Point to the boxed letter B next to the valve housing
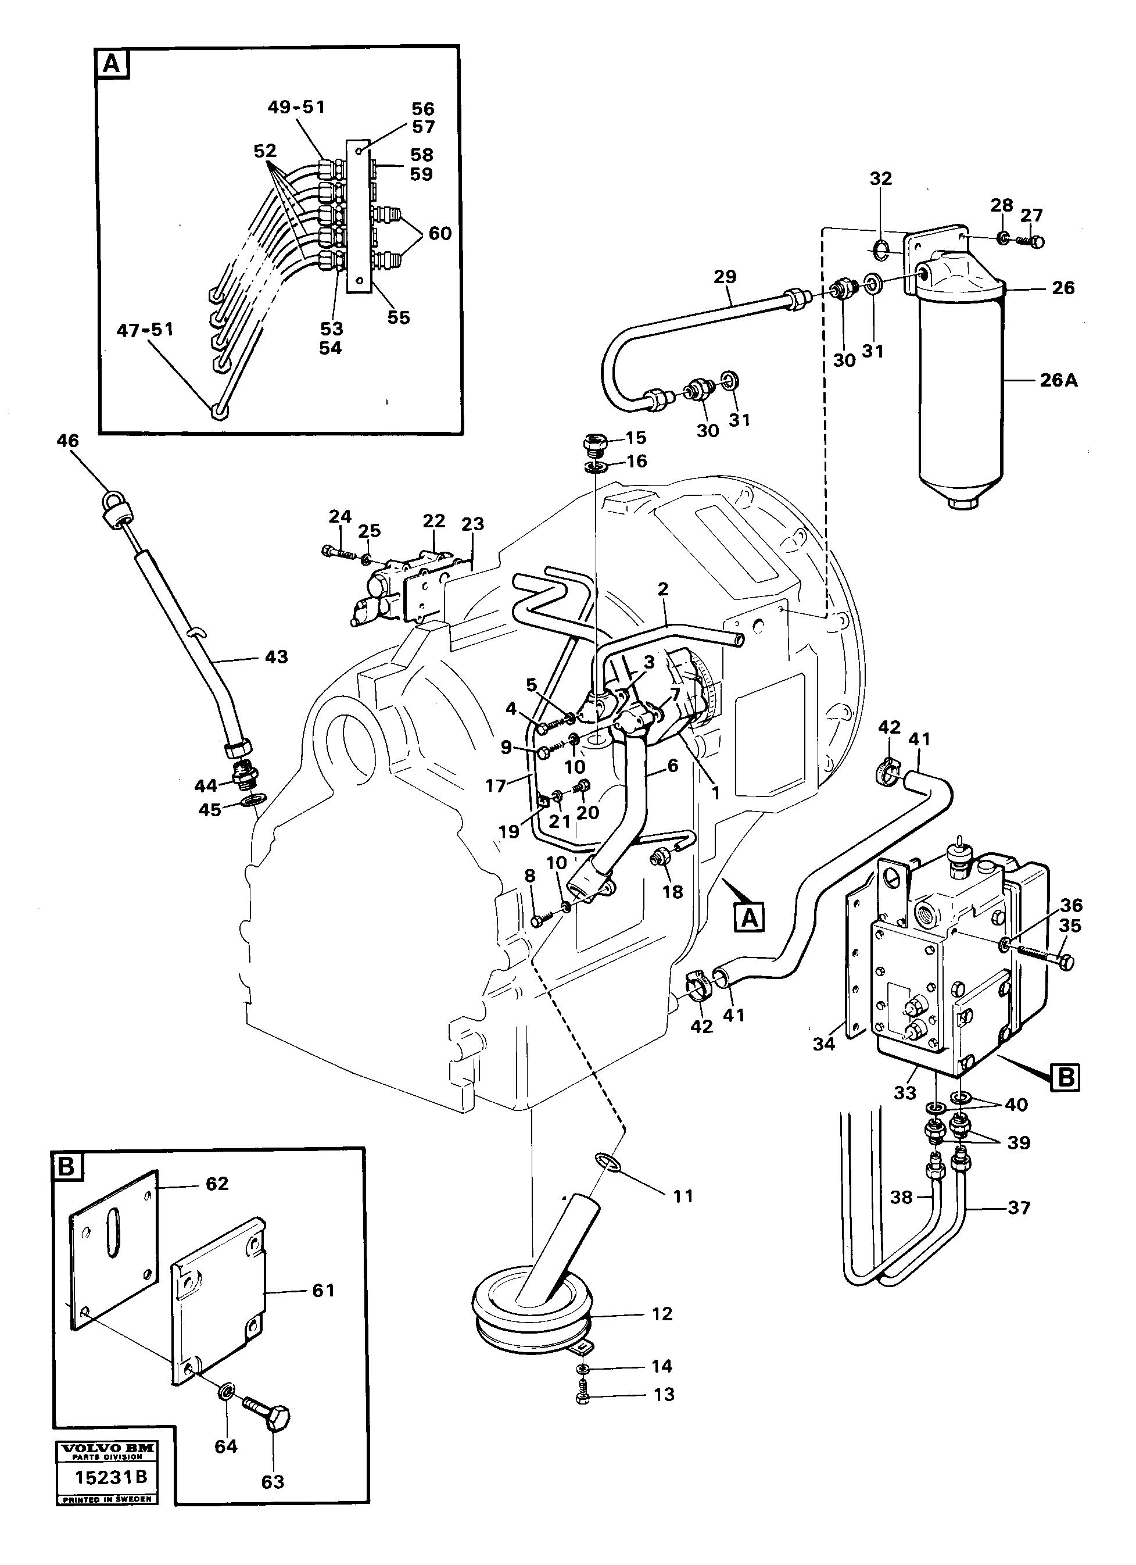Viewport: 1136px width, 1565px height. pos(1066,1077)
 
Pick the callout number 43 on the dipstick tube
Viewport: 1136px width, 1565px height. pos(276,657)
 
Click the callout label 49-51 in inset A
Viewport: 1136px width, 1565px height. pos(296,107)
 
